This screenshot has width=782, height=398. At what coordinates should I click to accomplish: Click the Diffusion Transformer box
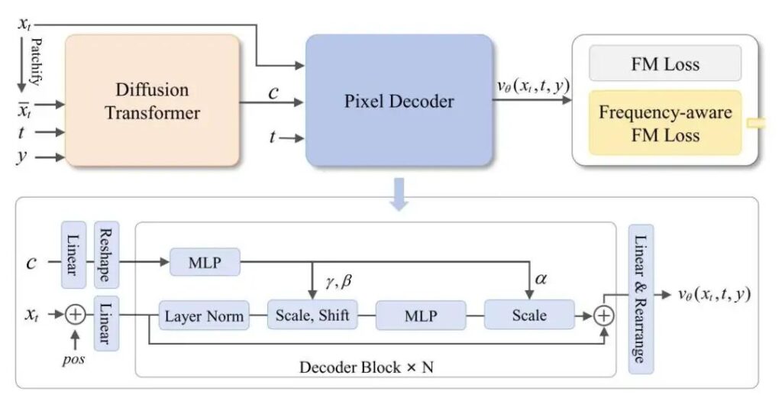[152, 100]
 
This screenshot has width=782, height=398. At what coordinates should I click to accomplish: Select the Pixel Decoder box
[399, 100]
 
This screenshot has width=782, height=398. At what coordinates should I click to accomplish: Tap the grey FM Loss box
[665, 64]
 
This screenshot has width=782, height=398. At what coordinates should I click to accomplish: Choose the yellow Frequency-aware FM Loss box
[665, 123]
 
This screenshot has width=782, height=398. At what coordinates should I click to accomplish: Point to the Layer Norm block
[205, 315]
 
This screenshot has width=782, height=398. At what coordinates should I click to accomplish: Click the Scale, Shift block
[312, 315]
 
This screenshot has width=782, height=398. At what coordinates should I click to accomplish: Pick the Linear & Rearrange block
[640, 299]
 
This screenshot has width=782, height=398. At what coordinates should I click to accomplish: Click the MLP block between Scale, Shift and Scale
[421, 315]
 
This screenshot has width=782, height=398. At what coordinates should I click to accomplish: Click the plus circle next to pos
[76, 313]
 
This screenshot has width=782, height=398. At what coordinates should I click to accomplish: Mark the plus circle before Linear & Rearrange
[604, 315]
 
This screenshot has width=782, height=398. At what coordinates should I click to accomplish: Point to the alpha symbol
[541, 280]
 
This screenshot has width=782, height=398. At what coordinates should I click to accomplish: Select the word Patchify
[34, 60]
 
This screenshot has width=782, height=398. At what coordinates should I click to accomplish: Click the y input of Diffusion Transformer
[24, 158]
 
